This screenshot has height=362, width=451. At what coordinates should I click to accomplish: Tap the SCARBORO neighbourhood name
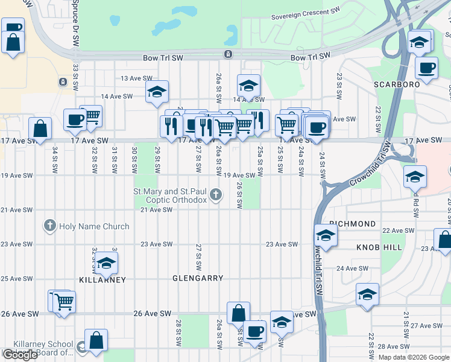click(396, 84)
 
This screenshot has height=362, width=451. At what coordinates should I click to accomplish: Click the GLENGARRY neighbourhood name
click(198, 279)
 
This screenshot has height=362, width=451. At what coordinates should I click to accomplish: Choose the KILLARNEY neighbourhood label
click(102, 280)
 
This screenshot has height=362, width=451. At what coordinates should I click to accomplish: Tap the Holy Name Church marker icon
click(49, 226)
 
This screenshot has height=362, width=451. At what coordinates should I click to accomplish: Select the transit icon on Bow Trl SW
click(229, 55)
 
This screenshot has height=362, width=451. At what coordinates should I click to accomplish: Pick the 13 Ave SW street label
click(135, 78)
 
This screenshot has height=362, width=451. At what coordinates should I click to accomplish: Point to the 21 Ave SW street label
click(156, 210)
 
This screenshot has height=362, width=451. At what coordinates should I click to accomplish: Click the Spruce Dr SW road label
click(75, 24)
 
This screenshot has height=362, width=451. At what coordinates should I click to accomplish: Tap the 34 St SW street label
click(54, 157)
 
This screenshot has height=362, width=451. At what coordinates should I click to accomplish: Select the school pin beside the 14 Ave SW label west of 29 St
click(156, 92)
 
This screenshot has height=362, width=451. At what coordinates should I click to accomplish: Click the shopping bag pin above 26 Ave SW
click(238, 313)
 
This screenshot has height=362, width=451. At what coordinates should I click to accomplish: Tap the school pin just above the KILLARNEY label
click(106, 262)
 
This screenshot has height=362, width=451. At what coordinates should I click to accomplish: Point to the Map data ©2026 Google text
click(413, 357)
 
